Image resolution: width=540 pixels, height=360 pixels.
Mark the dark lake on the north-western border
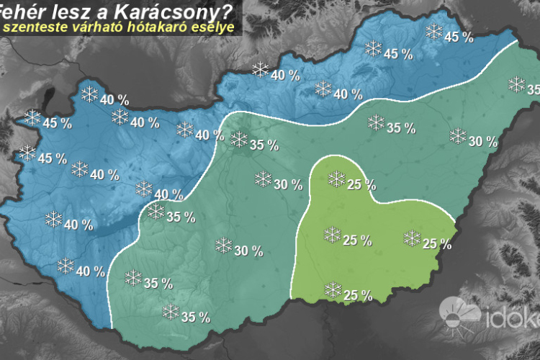coord(50,98)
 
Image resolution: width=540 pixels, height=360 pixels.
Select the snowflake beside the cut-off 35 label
coord(516,84)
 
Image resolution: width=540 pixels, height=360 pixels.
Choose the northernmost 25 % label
coord(361,184)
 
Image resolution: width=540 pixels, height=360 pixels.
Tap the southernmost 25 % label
coord(358,295)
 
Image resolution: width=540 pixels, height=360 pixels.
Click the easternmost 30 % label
coord(482,142)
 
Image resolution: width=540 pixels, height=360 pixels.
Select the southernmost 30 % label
coord(248,251)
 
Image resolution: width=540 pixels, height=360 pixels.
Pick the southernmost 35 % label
coord(195,317)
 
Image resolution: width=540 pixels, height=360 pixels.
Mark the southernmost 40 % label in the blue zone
coord(91,271)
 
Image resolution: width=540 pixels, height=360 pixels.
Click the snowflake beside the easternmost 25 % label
coord(412,238)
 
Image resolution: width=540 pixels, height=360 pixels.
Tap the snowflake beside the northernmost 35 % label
coord(239,140)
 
